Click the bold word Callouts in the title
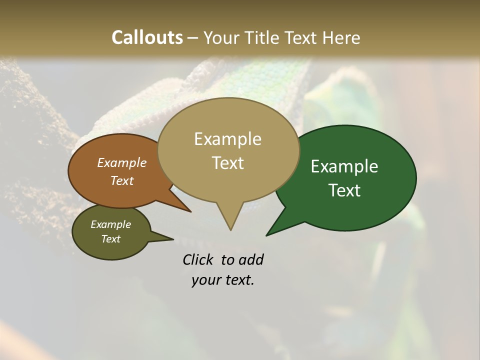tap(147, 37)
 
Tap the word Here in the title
tap(340, 37)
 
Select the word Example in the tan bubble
tap(227, 139)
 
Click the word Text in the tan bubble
tap(227, 162)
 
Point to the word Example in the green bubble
tap(344, 166)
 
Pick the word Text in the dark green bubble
tap(344, 190)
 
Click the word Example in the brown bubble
tap(121, 162)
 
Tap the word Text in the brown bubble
tap(121, 180)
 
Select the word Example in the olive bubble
tap(110, 224)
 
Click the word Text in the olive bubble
tap(110, 239)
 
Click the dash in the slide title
tap(193, 38)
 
